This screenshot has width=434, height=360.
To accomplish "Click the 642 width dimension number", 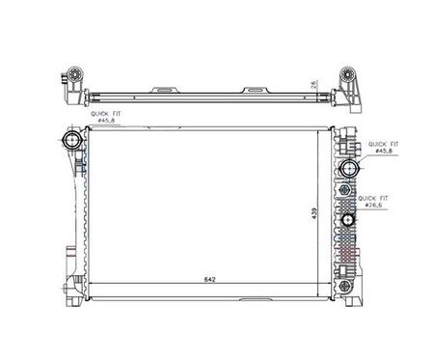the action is point(209,279).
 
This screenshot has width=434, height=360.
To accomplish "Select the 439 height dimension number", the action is point(314,214).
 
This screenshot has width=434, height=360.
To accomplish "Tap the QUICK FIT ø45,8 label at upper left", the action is point(106,117).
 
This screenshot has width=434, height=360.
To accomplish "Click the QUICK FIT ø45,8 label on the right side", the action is point(383,148).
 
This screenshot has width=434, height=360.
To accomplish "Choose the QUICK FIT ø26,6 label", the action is point(373,202).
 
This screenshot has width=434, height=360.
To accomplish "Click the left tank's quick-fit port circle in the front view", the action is point(71,140).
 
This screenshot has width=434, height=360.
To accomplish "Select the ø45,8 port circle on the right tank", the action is point(348,168).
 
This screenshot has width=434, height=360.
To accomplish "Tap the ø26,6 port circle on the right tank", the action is point(347,220).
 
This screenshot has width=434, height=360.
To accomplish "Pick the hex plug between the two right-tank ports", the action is point(345,190).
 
